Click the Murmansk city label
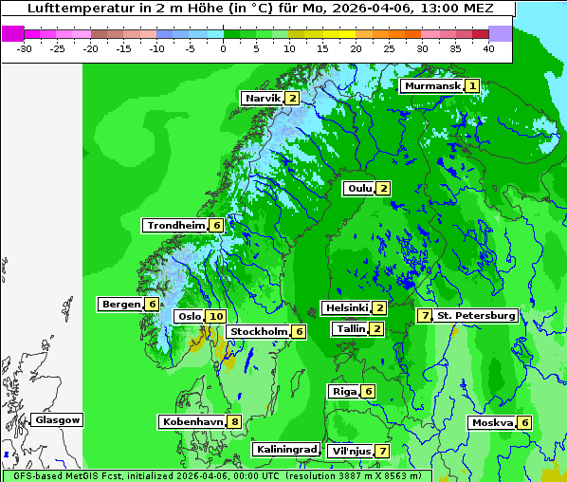pos(432,85)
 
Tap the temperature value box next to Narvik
pos(292,99)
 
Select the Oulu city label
pos(359,188)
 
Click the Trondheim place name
pos(175,226)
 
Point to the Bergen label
pos(120,305)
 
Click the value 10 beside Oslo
pos(216,317)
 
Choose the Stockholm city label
pos(258,332)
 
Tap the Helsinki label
pos(345,308)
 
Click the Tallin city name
pos(351,329)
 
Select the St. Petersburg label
pos(476,315)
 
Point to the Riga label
pos(344,392)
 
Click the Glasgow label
pos(58,420)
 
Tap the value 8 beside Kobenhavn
pos(234,421)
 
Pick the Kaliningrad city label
pos(285,449)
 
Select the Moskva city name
pos(492,423)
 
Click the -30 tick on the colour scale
pos(25,48)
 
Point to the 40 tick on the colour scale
pos(488,48)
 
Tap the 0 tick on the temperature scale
pos(224,48)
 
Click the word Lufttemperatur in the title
pos(76,9)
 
